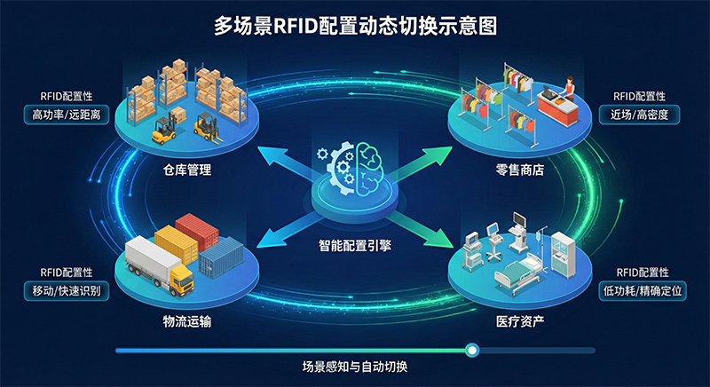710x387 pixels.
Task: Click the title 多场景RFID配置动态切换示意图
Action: pyautogui.click(x=355, y=26)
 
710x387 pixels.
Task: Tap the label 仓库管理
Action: pyautogui.click(x=187, y=169)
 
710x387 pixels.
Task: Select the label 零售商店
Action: pyautogui.click(x=519, y=169)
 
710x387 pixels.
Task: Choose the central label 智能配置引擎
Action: pyautogui.click(x=355, y=244)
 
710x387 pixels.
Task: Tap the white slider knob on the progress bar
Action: pyautogui.click(x=472, y=351)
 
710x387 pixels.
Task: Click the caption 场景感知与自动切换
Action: pyautogui.click(x=355, y=367)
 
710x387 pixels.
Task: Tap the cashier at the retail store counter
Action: pyautogui.click(x=566, y=87)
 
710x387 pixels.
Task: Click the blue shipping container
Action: pyautogui.click(x=221, y=257)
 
